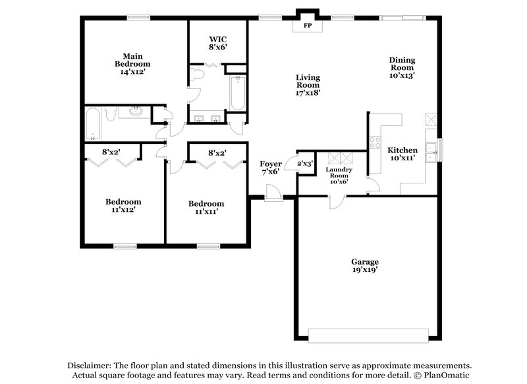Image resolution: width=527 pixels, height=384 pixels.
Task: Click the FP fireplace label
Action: (x=307, y=27)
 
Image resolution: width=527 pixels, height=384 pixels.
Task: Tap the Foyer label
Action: (x=271, y=164)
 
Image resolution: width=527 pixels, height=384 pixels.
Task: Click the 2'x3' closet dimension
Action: (x=305, y=162)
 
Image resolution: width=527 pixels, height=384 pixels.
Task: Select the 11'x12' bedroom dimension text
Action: (x=123, y=209)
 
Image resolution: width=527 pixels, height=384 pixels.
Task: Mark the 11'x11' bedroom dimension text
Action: (x=206, y=211)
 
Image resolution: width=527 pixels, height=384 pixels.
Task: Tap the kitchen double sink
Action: (x=431, y=152)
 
